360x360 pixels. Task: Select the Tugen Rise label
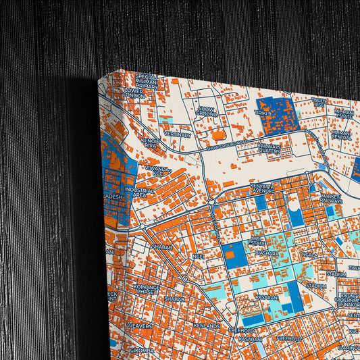pos(319,104)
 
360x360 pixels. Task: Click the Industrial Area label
pos(139,192)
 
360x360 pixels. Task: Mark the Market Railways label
pos(331,198)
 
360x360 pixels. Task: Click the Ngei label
pos(198,256)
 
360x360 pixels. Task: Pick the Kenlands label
pos(205,326)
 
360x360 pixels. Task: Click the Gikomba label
pos(141,350)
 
